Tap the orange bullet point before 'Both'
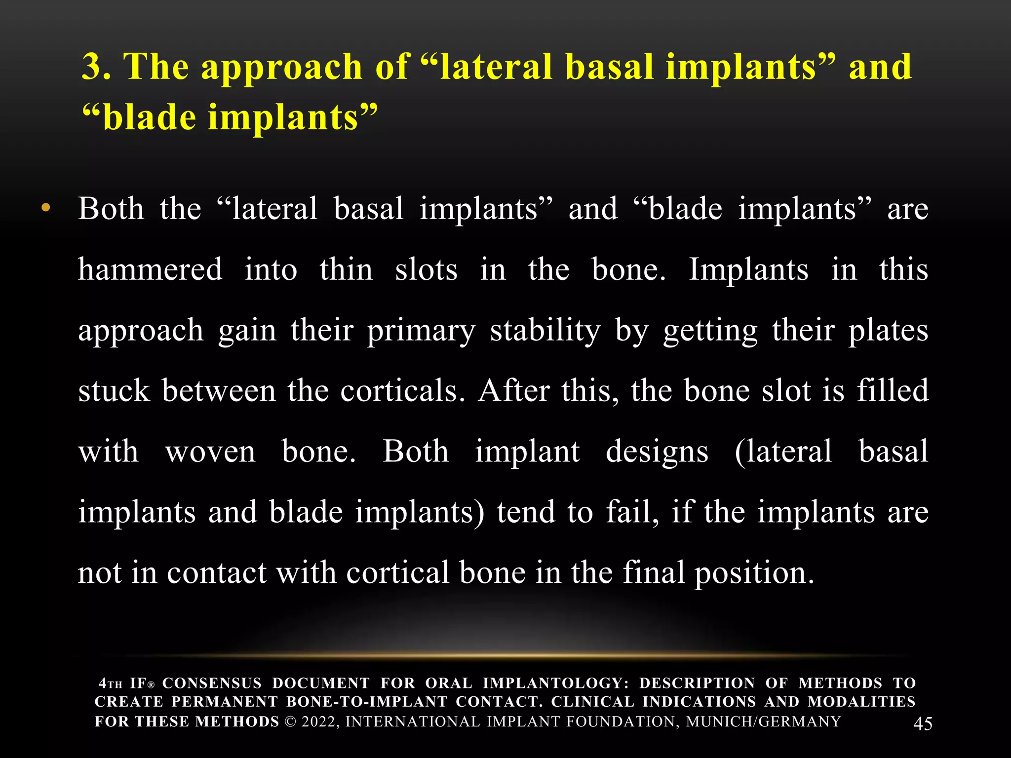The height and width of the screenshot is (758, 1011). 46,208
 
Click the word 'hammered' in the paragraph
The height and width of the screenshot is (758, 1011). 151,269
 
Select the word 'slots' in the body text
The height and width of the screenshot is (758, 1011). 426,269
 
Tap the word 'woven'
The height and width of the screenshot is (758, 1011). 211,452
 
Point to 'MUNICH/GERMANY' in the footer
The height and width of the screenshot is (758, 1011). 763,721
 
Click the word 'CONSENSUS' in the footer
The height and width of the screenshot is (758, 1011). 212,683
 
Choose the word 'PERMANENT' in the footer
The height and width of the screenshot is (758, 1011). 224,702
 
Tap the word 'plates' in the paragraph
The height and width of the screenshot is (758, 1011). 888,330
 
